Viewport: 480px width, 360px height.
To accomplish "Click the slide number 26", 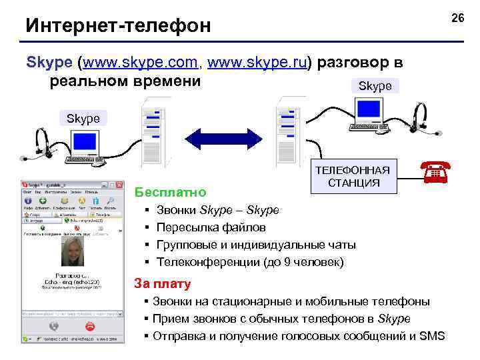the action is [457, 17].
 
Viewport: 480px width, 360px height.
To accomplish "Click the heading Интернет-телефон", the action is [118, 26].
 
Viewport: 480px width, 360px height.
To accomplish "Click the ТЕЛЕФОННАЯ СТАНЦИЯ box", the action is [357, 176].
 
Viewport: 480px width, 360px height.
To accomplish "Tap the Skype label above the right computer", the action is [375, 86].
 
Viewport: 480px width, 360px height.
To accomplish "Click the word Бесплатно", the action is [170, 193].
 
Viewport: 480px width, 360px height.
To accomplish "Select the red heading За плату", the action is [163, 283].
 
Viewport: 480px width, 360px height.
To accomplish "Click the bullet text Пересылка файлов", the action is [211, 228].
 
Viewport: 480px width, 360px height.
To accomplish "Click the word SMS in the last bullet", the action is [432, 336].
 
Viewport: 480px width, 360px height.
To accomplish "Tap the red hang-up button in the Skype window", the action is [90, 326].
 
